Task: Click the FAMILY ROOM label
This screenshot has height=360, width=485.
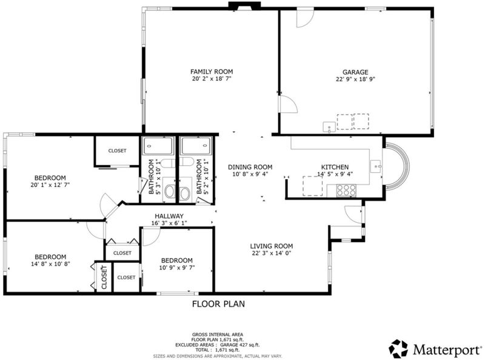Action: coord(212,72)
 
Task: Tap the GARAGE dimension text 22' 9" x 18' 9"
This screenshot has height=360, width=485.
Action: coord(355,79)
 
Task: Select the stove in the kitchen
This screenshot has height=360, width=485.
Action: coord(346,190)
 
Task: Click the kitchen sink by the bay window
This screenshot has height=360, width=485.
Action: coord(376,167)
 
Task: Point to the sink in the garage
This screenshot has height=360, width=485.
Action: coord(329,127)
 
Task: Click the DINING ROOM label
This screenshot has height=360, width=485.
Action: coord(250,168)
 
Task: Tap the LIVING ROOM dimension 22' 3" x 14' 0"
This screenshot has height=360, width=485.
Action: coord(272,253)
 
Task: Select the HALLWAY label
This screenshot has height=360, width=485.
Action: coord(169,216)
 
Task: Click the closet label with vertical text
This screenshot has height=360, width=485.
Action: coord(104,277)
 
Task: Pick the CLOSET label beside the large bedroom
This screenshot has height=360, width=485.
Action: coord(117,151)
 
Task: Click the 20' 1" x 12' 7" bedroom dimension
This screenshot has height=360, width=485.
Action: coord(50,185)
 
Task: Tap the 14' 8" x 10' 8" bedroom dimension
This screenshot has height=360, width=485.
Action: coord(50,264)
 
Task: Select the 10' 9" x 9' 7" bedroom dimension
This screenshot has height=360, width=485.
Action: coord(177,267)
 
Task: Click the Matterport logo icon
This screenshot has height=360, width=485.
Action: coord(399,348)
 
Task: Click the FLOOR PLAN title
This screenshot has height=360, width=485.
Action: coord(218,304)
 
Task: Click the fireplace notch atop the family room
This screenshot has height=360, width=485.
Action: coord(244,6)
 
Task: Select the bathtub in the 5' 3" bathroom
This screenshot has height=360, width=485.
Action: coord(158,146)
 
